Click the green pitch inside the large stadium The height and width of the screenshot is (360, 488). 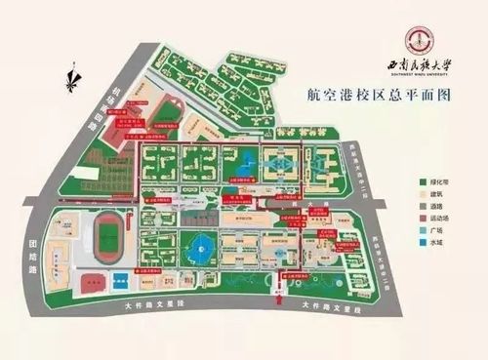[x=109, y=234]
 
